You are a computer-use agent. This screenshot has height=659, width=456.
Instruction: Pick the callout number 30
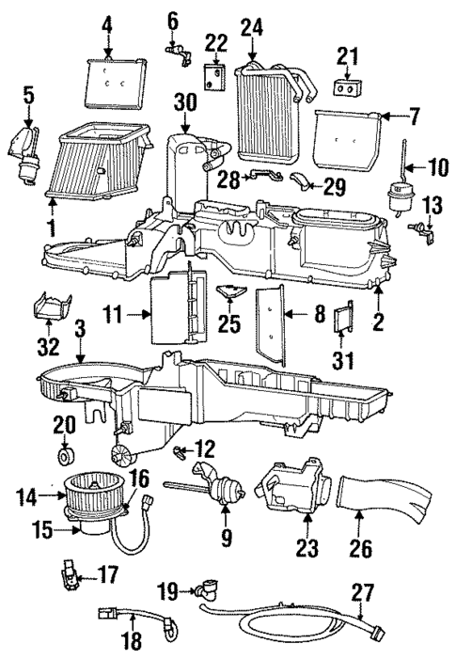point(185,102)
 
